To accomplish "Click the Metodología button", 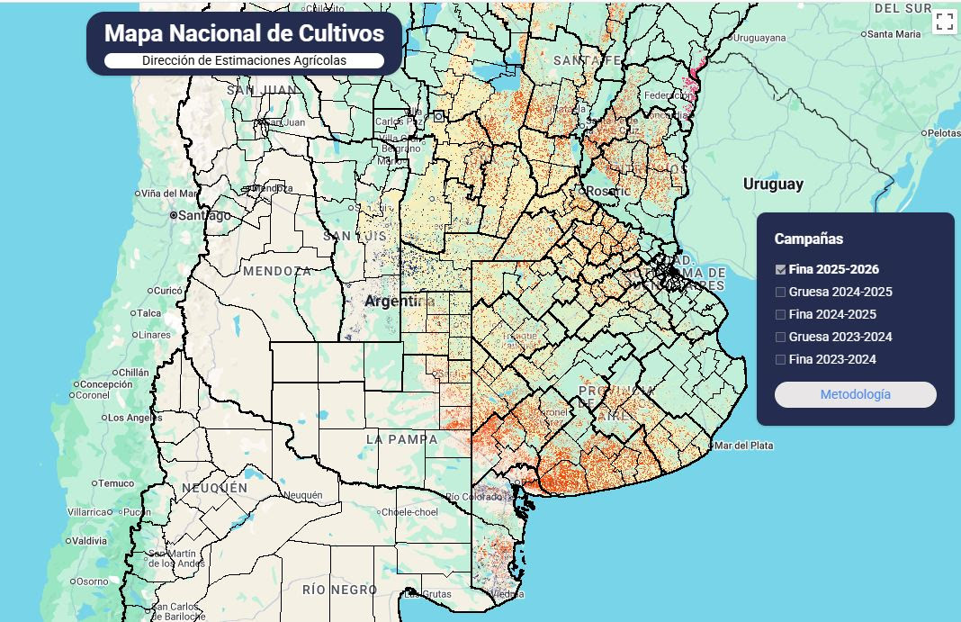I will tap(855, 394).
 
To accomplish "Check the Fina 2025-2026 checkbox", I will tap(781, 269).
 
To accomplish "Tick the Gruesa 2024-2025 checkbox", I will tap(781, 292).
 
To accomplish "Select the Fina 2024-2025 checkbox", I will tap(781, 314).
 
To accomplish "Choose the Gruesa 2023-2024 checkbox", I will tap(781, 337).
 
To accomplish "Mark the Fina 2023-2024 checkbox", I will tap(781, 359).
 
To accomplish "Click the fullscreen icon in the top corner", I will tap(944, 22).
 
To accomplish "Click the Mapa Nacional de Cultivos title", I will tap(244, 33).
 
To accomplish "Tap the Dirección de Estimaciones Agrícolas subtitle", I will tap(244, 60).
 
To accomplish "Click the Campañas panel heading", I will tap(808, 239).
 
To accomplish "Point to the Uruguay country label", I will tap(773, 184).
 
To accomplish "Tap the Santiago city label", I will tap(204, 215).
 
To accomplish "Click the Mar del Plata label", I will tap(745, 445).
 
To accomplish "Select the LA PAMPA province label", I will tap(401, 439).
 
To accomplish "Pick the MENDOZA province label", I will tap(277, 271).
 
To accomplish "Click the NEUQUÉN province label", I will tap(214, 487).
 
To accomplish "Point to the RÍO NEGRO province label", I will tap(340, 590).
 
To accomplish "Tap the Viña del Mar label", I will tap(168, 194).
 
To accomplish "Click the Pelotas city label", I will tap(944, 132).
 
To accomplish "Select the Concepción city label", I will tap(106, 384).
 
